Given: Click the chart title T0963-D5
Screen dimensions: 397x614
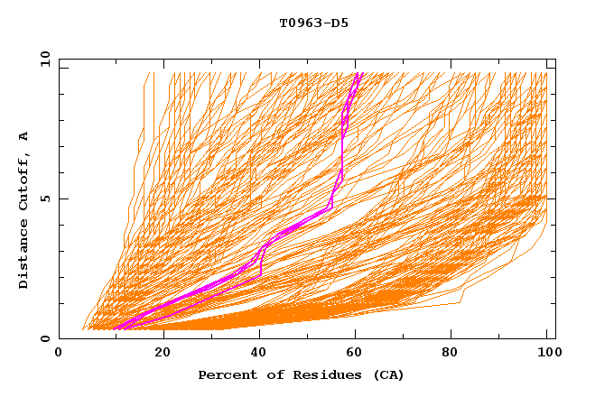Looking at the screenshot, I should [307, 23].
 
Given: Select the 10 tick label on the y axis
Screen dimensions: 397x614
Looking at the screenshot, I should [42, 59].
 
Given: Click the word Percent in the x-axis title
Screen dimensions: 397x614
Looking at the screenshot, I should [226, 375].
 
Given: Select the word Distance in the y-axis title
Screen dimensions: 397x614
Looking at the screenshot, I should [23, 253].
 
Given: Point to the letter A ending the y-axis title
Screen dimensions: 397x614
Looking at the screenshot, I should [23, 135].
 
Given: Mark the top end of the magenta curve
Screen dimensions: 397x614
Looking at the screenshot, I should [358, 73].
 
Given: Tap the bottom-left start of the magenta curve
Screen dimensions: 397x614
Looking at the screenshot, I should [116, 328].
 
